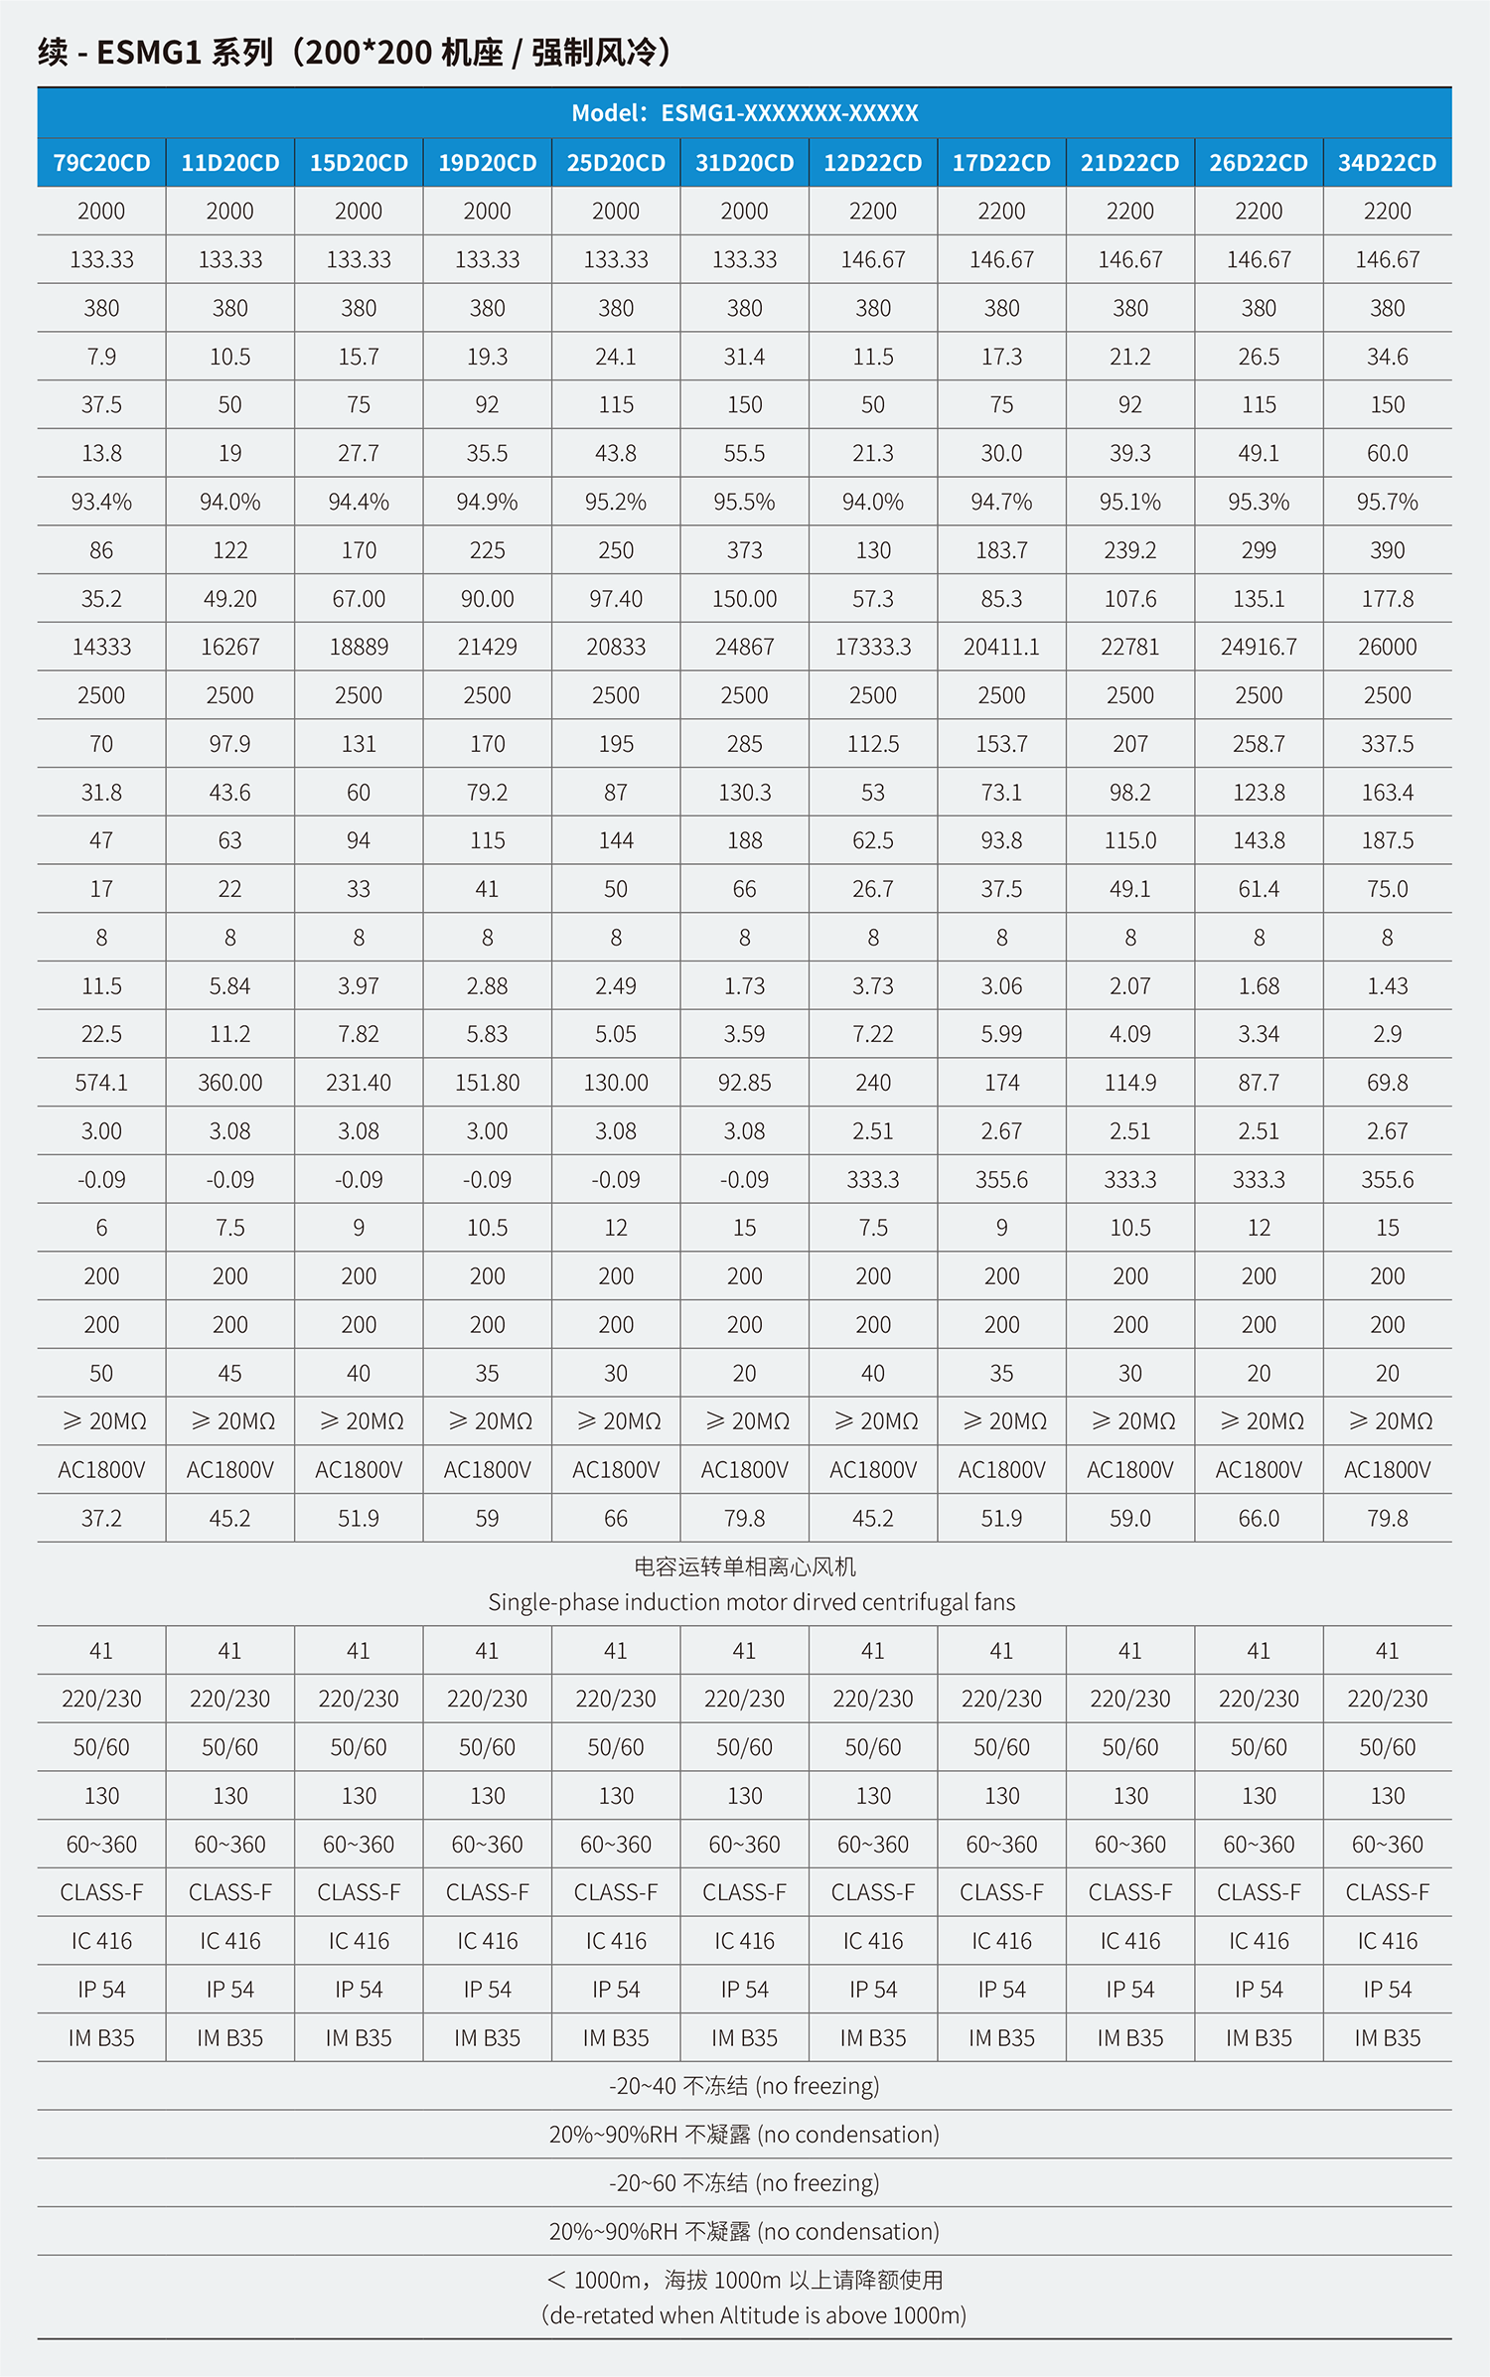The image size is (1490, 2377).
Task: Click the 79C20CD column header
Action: pos(101,163)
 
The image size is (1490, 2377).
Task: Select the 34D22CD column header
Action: pos(1387,163)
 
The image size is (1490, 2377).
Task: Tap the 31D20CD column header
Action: pos(744,163)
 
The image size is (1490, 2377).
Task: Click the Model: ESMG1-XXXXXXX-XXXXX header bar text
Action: pos(744,113)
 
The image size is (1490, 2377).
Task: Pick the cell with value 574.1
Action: pos(101,1083)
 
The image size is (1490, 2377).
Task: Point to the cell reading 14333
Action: pos(101,647)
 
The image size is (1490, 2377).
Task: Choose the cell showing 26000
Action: pos(1387,647)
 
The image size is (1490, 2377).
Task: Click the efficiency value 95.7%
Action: pos(1387,502)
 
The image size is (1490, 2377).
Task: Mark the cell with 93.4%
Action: pos(101,502)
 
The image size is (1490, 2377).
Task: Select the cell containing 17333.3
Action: pos(872,647)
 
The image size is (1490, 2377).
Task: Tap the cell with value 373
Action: pos(744,550)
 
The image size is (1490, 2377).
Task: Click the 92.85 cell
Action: pos(744,1083)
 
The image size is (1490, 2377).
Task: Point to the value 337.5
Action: pos(1387,744)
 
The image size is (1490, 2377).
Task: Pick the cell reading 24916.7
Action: pos(1259,647)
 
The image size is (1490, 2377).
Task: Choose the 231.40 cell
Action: pos(359,1083)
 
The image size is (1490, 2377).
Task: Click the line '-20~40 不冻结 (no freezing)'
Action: pos(744,2086)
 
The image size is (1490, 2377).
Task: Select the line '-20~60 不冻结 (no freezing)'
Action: pos(744,2183)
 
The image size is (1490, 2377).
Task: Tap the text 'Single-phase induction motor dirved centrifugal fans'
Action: pos(751,1602)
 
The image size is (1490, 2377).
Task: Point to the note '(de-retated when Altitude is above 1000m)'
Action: pos(753,2315)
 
